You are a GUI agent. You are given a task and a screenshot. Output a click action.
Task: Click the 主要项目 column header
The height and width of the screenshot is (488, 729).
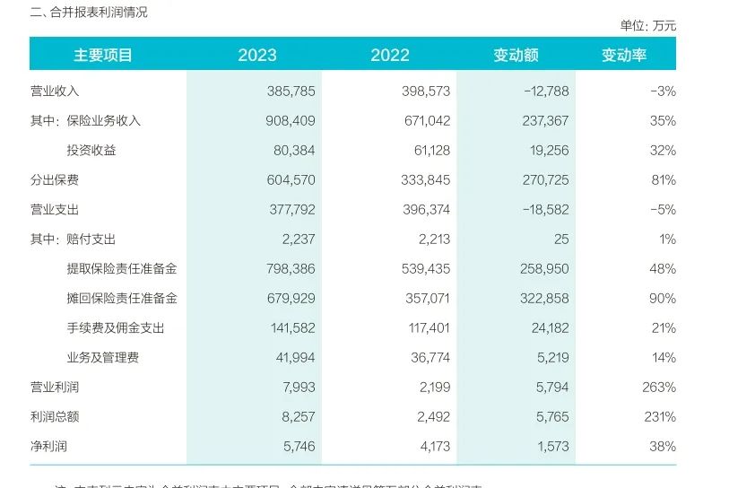[x=103, y=55]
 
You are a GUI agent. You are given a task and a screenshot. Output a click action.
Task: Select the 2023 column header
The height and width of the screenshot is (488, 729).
[x=257, y=55]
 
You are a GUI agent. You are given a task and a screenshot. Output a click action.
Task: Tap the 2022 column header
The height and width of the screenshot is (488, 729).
[x=390, y=55]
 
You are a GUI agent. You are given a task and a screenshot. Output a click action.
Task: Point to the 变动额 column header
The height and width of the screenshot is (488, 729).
[x=516, y=55]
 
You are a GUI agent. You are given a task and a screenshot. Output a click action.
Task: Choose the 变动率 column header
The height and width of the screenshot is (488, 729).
[x=623, y=55]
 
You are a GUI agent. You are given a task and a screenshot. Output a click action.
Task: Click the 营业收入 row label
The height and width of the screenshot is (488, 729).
[x=55, y=91]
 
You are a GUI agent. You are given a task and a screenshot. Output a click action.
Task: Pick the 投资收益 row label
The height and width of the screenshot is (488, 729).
[x=91, y=151]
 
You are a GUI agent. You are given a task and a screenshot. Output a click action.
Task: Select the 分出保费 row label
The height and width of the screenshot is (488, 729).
[x=55, y=180]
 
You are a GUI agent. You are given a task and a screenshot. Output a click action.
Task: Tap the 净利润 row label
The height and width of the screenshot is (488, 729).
[x=48, y=446]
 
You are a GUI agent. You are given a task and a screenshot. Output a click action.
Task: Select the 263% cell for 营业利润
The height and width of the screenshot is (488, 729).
[x=659, y=388]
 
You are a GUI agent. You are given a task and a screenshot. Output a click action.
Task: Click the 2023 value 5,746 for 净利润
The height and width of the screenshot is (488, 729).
[x=297, y=446]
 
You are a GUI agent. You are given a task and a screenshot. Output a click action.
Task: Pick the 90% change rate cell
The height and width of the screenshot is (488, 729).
[x=664, y=299]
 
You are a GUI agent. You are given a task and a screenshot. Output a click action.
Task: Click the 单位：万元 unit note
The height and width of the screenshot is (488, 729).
[x=647, y=26]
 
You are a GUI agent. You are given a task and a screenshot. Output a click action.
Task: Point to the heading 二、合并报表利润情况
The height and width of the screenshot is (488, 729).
[x=89, y=13]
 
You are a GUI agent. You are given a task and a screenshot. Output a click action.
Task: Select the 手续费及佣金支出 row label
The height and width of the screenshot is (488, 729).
[x=116, y=328]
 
